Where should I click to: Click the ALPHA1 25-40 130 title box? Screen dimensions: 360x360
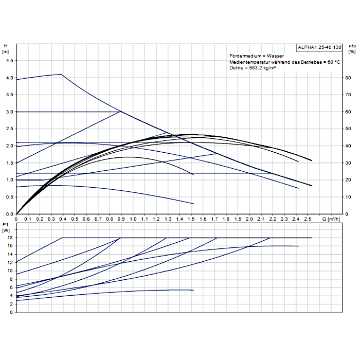(319, 47)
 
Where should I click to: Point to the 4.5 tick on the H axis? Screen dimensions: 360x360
(9, 61)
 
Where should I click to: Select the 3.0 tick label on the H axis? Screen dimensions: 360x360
(9, 112)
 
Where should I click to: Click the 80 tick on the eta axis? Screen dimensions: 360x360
(348, 78)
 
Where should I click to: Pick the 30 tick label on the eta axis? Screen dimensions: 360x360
(348, 163)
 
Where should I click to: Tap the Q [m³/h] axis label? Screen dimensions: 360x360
(333, 219)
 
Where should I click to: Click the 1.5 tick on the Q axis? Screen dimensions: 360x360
(191, 219)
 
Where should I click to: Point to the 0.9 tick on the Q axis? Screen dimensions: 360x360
(121, 219)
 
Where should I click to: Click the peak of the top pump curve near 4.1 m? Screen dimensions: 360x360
(62, 74)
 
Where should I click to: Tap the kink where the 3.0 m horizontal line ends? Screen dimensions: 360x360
(121, 112)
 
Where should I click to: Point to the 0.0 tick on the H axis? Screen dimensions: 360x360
(9, 214)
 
